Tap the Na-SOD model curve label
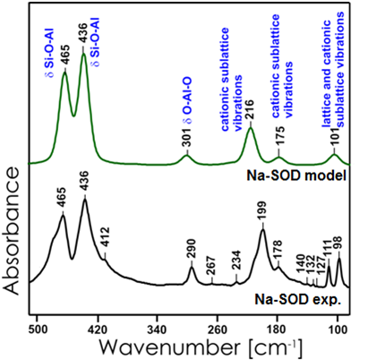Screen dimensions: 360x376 300,176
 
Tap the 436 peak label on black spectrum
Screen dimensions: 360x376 85,184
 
